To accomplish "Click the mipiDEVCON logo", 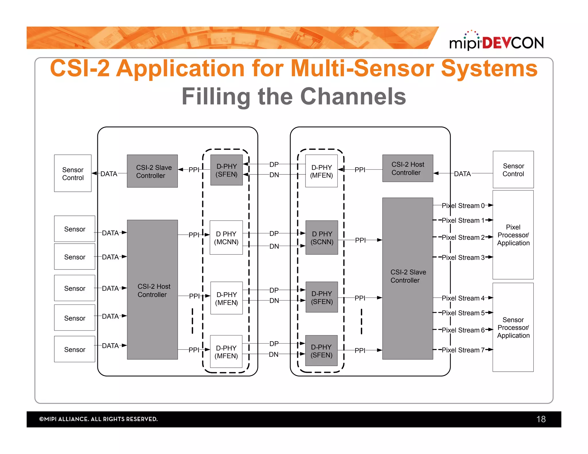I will coord(496,42).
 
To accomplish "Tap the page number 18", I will coord(541,419).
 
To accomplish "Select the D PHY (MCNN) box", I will coord(226,238).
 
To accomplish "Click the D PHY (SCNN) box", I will coord(322,238).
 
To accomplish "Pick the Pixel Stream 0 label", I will coord(463,205).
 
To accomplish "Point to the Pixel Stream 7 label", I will coord(463,350).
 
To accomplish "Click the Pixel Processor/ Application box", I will coord(513,235).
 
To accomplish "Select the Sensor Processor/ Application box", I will coord(513,327).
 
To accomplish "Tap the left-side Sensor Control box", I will coord(73,173).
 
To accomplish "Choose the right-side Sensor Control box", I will coord(513,170).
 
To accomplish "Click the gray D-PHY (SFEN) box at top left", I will coord(227,170).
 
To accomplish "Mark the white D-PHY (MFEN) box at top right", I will coord(322,171).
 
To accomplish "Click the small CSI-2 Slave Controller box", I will coord(152,171).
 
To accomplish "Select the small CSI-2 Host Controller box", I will coord(407,168).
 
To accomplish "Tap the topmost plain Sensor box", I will coord(75,229).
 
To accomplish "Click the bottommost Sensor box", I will coord(75,349).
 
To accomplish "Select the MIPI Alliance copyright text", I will coord(98,419).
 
